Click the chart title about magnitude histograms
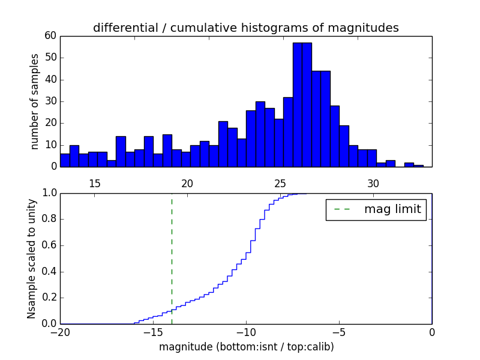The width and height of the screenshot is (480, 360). coord(245,28)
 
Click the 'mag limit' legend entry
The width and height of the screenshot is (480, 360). coord(376,209)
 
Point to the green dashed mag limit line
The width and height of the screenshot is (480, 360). coord(172,258)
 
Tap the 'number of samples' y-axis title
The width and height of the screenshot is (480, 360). coord(35,101)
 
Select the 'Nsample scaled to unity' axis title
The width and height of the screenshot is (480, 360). coord(32,259)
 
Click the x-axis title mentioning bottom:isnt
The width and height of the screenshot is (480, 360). coord(246,347)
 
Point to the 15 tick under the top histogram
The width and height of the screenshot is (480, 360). coord(94,184)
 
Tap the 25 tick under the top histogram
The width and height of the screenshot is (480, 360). coord(280,184)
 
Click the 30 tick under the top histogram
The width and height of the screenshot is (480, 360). coord(373,184)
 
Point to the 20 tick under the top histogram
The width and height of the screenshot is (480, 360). coord(187,184)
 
